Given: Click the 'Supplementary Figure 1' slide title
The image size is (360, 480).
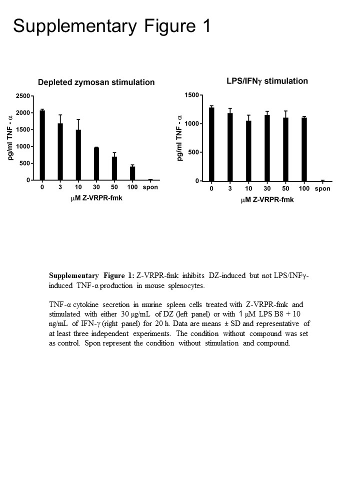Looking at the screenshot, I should click(112, 26).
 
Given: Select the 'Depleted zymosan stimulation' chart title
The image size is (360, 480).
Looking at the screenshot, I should click(97, 82).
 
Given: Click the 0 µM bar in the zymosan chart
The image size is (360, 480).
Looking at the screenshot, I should click(42, 145).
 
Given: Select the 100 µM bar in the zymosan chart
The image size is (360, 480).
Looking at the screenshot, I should click(132, 173).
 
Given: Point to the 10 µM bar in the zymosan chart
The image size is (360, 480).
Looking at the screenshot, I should click(78, 154).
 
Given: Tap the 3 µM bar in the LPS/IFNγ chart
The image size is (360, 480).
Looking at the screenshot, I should click(230, 147).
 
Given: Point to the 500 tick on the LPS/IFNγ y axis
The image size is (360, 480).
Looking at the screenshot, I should click(193, 152).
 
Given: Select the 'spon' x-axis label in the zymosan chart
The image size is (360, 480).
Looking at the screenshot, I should click(150, 188).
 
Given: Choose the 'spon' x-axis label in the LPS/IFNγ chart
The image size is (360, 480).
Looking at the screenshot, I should click(322, 189).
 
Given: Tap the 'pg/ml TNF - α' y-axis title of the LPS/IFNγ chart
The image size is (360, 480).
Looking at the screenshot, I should click(180, 138).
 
